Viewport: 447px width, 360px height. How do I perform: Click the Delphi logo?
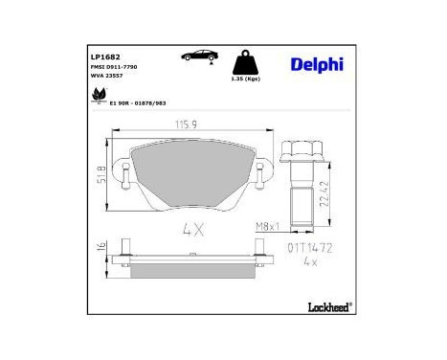pos(313,65)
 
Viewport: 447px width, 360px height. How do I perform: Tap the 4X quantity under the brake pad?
pos(193,230)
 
